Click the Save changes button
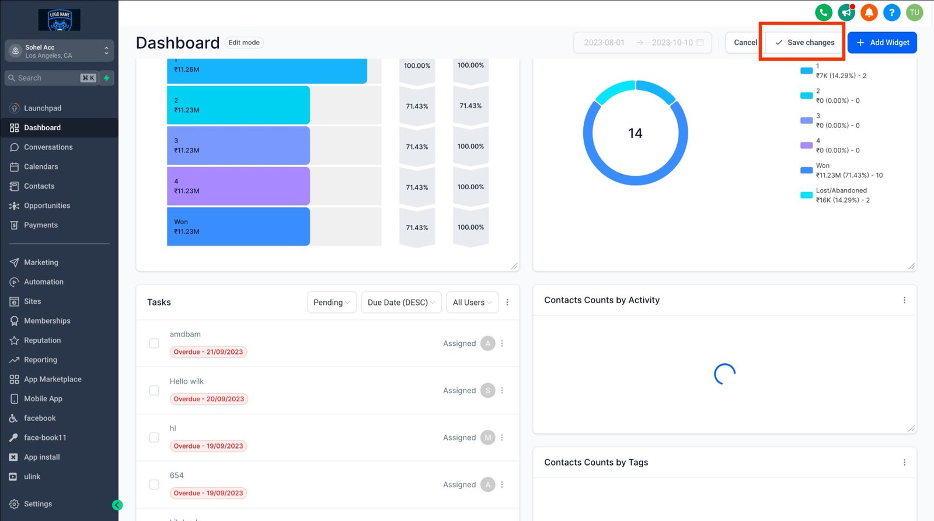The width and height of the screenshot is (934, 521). [x=804, y=43]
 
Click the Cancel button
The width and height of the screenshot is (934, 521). [x=745, y=43]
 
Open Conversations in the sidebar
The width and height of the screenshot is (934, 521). [x=48, y=147]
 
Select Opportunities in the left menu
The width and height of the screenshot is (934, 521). [x=47, y=206]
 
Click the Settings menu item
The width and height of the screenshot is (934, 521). [x=37, y=504]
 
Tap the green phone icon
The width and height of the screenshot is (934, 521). [x=823, y=12]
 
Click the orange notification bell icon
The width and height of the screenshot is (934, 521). [x=869, y=12]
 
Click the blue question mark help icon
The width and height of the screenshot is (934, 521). [x=891, y=12]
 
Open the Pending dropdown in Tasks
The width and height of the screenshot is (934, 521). [x=331, y=303]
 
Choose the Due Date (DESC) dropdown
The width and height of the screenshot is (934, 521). [x=401, y=303]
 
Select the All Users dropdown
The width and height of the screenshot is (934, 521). [x=472, y=303]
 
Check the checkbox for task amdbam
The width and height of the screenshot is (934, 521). [x=154, y=343]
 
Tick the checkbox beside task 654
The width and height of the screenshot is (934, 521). [x=154, y=485]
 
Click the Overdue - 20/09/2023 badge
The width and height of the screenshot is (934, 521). [x=208, y=400]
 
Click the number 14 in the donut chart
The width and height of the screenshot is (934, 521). [x=635, y=133]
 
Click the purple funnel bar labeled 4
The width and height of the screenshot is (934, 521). [x=238, y=186]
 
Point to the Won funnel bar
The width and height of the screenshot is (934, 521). [x=238, y=227]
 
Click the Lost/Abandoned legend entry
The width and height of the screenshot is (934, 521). [x=841, y=195]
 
